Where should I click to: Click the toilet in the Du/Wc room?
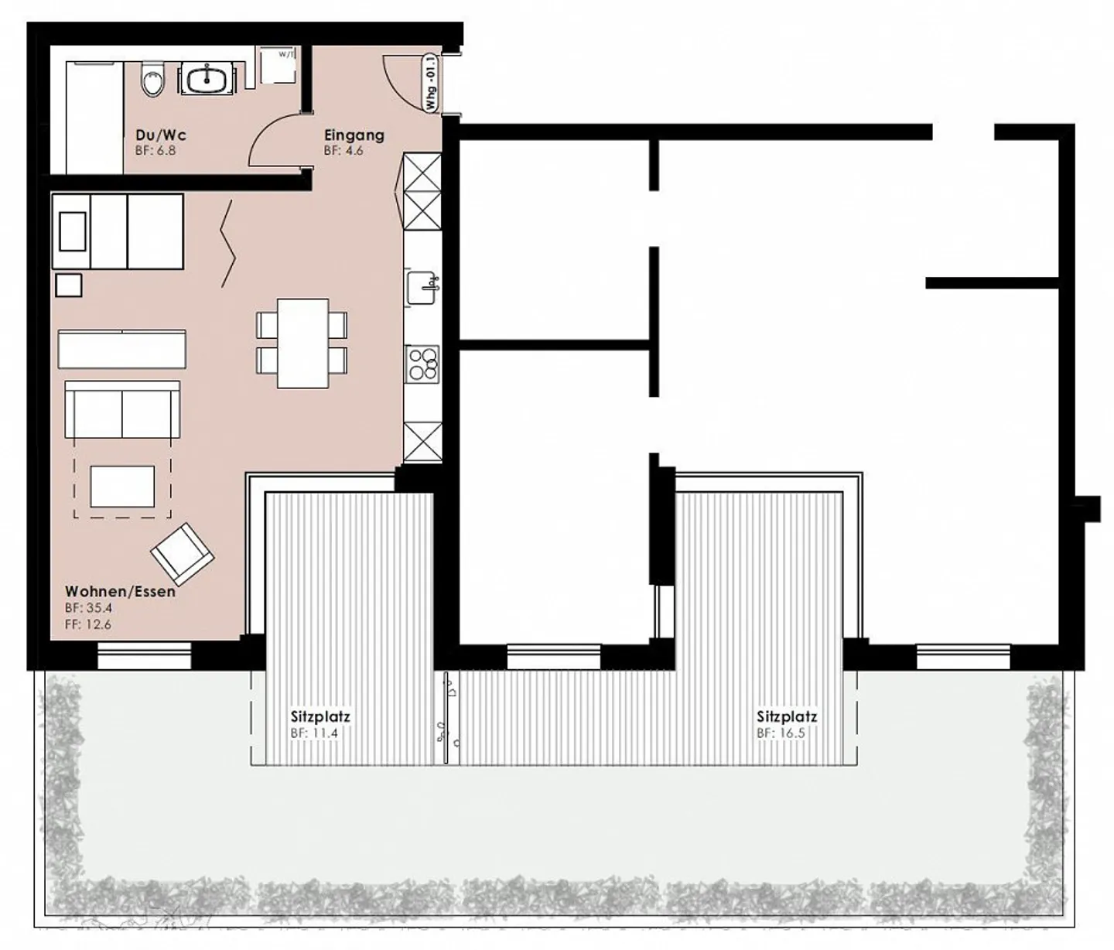pyautogui.click(x=153, y=82)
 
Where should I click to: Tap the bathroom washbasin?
pyautogui.click(x=208, y=79)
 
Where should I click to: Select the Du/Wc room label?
pyautogui.click(x=160, y=135)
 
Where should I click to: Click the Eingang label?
pyautogui.click(x=354, y=135)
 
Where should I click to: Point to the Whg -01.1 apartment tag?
pyautogui.click(x=430, y=84)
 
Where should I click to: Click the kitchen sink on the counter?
pyautogui.click(x=422, y=287)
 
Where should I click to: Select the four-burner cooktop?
pyautogui.click(x=422, y=364)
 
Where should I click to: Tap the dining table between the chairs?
pyautogui.click(x=302, y=343)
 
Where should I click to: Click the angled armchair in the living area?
pyautogui.click(x=183, y=553)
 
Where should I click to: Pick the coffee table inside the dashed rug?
pyautogui.click(x=122, y=486)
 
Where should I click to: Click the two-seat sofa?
pyautogui.click(x=122, y=410)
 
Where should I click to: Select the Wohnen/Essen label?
pyautogui.click(x=120, y=592)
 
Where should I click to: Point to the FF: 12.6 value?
pyautogui.click(x=87, y=624)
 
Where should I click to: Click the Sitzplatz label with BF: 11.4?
pyautogui.click(x=320, y=716)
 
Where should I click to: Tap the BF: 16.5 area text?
pyautogui.click(x=781, y=733)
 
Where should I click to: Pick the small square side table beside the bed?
pyautogui.click(x=69, y=285)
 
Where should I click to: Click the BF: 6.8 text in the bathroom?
pyautogui.click(x=155, y=150)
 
